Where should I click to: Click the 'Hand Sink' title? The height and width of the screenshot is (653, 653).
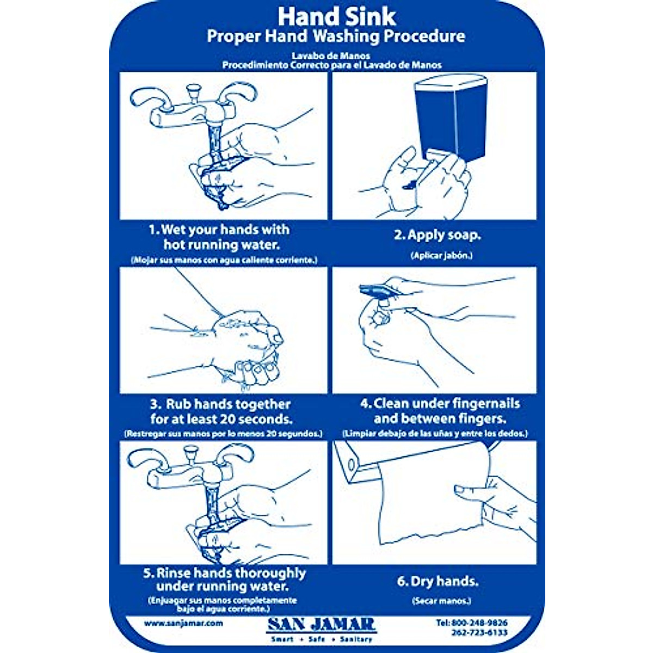coord(337,17)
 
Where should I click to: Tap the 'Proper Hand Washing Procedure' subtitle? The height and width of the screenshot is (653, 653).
coord(336,36)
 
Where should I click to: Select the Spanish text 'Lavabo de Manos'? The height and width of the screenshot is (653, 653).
coord(330,56)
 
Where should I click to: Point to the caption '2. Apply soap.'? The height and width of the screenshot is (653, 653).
coord(437,235)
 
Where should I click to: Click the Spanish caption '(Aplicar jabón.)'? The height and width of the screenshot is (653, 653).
coord(441,256)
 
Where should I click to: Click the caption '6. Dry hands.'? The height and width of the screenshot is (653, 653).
coord(438,581)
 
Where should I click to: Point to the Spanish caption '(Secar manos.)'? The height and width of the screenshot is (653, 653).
coord(441,601)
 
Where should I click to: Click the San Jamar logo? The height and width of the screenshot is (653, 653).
coord(322,624)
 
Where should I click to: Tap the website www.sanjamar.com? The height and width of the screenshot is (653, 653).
coord(183,623)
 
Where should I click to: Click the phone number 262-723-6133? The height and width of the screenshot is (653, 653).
coord(479,632)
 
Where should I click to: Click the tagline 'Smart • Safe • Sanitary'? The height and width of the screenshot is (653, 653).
coord(322,639)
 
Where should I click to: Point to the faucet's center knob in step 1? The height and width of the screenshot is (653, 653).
coord(192,90)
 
